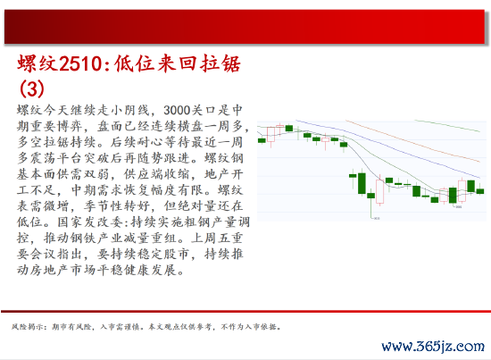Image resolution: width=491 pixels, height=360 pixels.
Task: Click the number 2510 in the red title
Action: (79, 63)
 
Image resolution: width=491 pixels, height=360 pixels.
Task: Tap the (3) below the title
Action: (31, 89)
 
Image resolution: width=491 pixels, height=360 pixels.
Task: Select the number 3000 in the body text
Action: (177, 110)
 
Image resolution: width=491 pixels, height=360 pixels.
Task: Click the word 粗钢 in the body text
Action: (197, 222)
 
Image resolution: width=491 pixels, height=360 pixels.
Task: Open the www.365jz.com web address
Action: (433, 347)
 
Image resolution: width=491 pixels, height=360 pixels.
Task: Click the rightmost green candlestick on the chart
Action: (480, 190)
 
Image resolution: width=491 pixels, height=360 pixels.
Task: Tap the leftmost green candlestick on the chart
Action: (262, 140)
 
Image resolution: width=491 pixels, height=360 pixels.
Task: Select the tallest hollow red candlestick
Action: (379, 191)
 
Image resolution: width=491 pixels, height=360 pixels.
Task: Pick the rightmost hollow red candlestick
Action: (462, 190)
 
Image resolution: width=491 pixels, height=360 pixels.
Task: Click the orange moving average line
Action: (412, 140)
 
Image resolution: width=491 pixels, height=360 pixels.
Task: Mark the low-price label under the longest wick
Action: (377, 218)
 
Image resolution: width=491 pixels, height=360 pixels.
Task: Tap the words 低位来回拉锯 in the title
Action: (178, 63)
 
